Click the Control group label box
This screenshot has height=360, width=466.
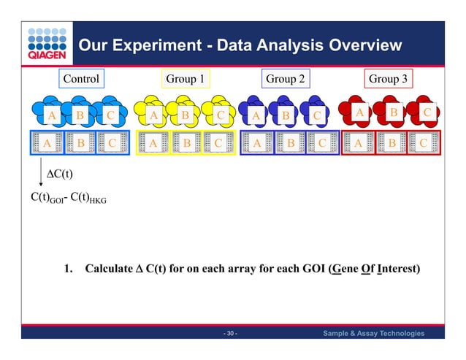pos(80,78)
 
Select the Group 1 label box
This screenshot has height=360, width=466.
pos(185,78)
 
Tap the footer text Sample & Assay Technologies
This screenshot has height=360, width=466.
pos(373,334)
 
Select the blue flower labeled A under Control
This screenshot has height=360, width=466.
pos(51,115)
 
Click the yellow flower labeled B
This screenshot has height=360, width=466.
pos(186,114)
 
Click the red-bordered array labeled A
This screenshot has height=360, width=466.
pos(358,143)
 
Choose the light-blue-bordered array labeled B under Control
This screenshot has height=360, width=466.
pos(80,143)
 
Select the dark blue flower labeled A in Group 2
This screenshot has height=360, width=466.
pos(257,115)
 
